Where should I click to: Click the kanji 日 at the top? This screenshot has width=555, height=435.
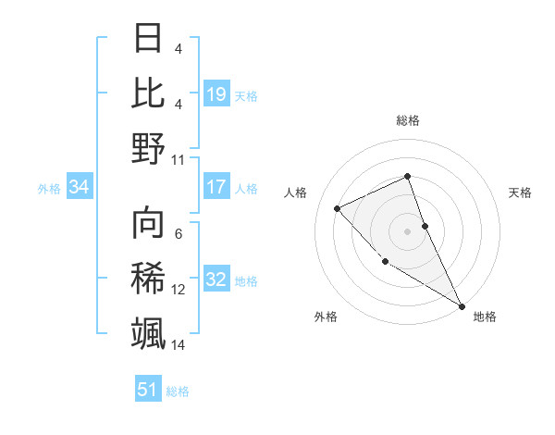point(148,39)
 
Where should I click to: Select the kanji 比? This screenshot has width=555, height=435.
point(148,93)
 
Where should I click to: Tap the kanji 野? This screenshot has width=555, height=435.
point(148,147)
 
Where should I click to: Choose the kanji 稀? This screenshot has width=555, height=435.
point(148,279)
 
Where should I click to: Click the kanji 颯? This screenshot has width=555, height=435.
point(148,332)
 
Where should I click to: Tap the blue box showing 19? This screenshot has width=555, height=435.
point(216,93)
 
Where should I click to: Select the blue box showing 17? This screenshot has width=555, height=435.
point(216,187)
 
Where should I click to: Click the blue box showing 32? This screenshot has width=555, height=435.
point(216,280)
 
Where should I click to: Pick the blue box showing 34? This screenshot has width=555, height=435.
point(80,187)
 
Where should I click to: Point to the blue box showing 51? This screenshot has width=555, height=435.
point(148,390)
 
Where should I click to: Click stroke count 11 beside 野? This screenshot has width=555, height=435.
point(179,159)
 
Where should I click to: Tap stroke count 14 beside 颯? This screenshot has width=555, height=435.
point(179,345)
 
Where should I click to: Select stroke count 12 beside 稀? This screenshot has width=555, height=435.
point(179,290)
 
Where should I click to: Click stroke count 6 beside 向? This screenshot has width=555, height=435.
point(179,234)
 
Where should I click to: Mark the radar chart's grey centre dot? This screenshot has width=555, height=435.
point(407,230)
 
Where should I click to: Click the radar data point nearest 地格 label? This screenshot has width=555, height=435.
point(462,305)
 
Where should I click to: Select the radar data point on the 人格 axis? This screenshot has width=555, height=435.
point(338,208)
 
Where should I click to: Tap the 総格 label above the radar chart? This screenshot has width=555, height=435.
point(407,120)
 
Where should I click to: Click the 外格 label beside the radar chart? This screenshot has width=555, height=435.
point(326,317)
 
